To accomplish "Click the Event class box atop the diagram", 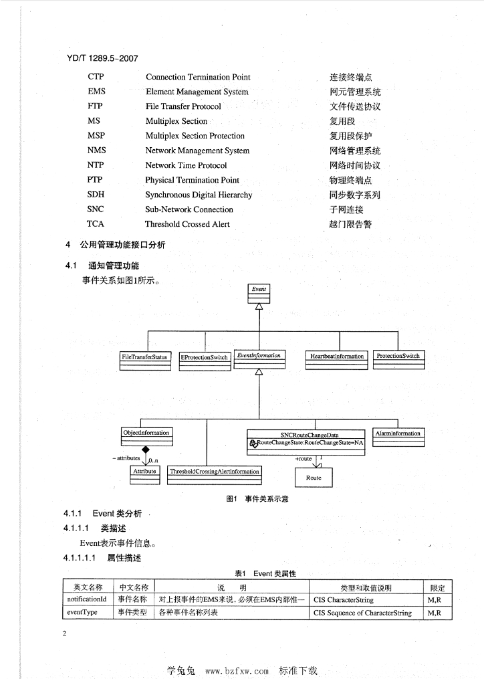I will [259, 292].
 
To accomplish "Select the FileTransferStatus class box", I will [145, 359].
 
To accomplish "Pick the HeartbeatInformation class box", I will [337, 359].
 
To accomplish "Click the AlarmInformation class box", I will [398, 435].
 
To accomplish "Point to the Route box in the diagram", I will [314, 478].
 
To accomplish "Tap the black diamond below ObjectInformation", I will [145, 450].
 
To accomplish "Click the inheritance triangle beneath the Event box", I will [259, 306].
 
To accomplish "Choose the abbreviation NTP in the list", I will [96, 165].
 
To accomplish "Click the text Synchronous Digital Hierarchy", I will [199, 195].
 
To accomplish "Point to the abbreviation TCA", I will [96, 224].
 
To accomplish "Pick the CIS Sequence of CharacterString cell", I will [362, 613].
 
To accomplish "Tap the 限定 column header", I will [438, 588].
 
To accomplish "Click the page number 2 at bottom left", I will [65, 633].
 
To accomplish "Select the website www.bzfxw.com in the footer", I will [237, 671].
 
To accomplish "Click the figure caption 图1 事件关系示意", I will [257, 498].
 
